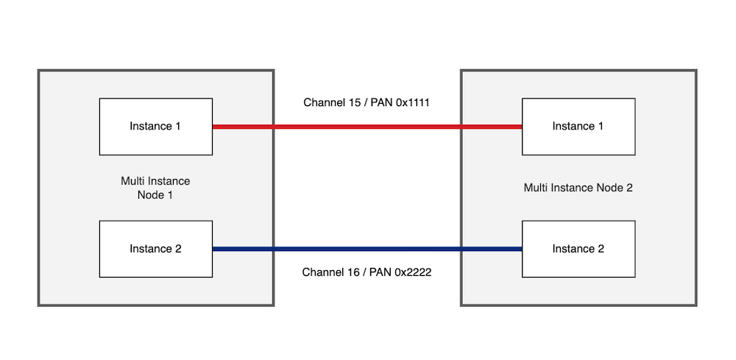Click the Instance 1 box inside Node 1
pos(155,126)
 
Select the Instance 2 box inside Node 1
pos(155,249)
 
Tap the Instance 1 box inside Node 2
pos(578,126)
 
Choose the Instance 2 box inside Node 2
pos(578,249)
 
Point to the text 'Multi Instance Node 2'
pos(578,188)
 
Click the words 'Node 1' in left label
pos(155,195)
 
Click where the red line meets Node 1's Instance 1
pos(213,127)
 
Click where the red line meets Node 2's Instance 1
pos(521,127)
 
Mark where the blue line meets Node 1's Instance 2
pos(213,250)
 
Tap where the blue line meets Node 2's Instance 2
pos(521,250)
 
